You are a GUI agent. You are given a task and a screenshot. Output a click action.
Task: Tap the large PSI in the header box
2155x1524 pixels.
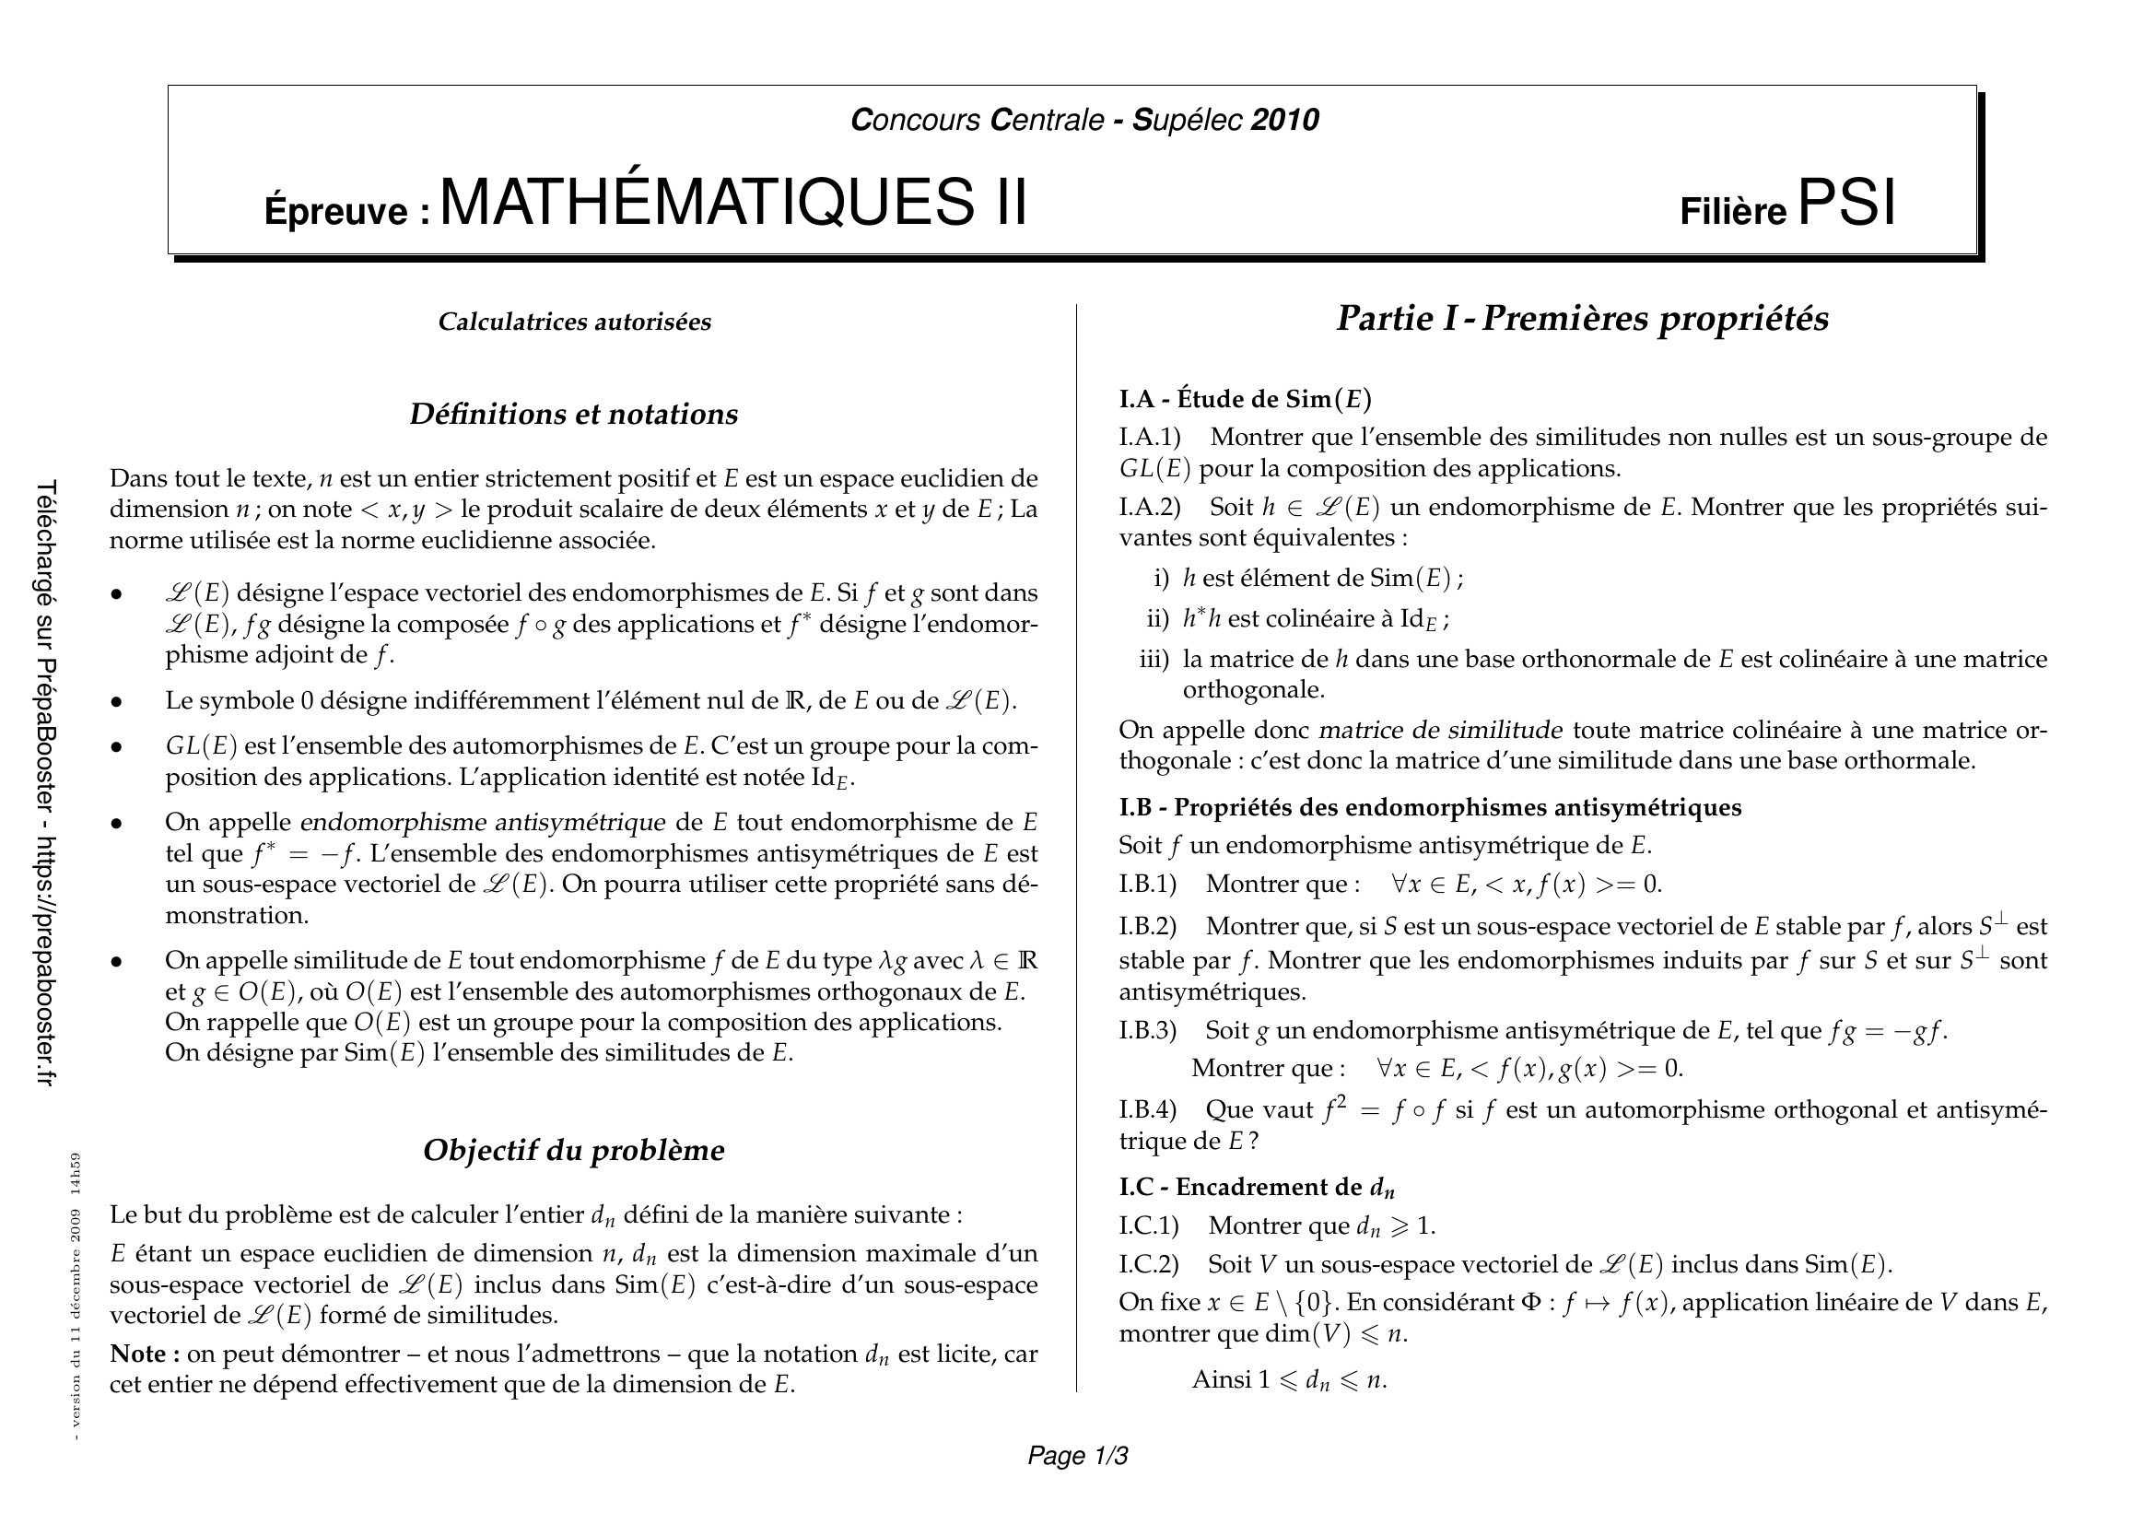click(x=1846, y=203)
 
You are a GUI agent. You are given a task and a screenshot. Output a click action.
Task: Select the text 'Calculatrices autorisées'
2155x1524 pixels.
click(x=574, y=322)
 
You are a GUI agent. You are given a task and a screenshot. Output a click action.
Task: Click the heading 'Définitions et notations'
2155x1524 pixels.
click(x=573, y=414)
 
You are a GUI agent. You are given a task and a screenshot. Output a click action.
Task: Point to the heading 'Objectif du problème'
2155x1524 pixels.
click(x=573, y=1151)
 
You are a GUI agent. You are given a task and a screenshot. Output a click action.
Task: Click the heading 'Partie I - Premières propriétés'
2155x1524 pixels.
click(x=1583, y=319)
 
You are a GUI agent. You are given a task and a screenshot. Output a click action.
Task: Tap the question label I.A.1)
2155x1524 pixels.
click(x=1150, y=438)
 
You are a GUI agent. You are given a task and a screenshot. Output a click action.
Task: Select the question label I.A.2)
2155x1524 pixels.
click(x=1150, y=508)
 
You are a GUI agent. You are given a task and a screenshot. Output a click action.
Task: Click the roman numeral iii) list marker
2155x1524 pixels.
click(x=1154, y=660)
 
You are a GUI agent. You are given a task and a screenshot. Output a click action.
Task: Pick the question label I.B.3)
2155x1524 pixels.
click(x=1147, y=1031)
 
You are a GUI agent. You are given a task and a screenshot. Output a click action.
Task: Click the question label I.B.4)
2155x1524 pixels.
click(x=1147, y=1110)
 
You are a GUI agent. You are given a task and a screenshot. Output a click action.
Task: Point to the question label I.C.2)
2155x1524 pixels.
click(x=1149, y=1264)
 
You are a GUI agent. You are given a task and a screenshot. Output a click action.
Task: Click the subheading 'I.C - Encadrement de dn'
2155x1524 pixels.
click(x=1257, y=1188)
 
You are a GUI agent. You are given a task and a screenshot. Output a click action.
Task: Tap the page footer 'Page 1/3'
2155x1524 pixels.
click(x=1078, y=1456)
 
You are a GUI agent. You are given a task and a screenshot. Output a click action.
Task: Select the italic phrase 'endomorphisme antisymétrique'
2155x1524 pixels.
click(x=483, y=823)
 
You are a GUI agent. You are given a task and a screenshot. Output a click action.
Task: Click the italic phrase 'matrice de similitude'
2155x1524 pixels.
click(x=1441, y=730)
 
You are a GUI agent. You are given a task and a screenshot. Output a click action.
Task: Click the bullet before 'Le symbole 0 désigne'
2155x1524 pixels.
click(x=117, y=702)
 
